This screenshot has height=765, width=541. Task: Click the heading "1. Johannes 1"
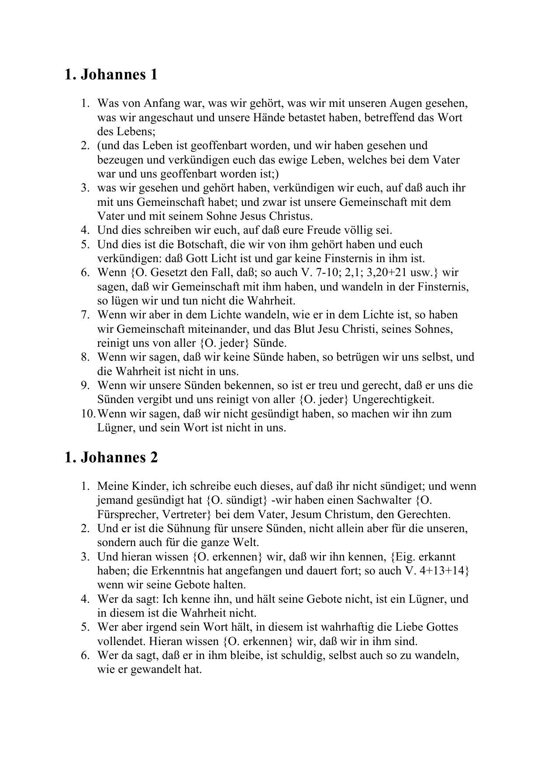click(x=110, y=75)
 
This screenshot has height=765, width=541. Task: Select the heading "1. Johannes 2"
click(x=110, y=457)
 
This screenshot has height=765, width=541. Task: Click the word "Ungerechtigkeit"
click(x=393, y=399)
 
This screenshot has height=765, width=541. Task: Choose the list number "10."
click(x=87, y=413)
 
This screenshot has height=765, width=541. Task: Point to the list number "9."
click(x=85, y=385)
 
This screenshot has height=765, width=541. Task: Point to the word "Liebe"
click(x=408, y=627)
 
